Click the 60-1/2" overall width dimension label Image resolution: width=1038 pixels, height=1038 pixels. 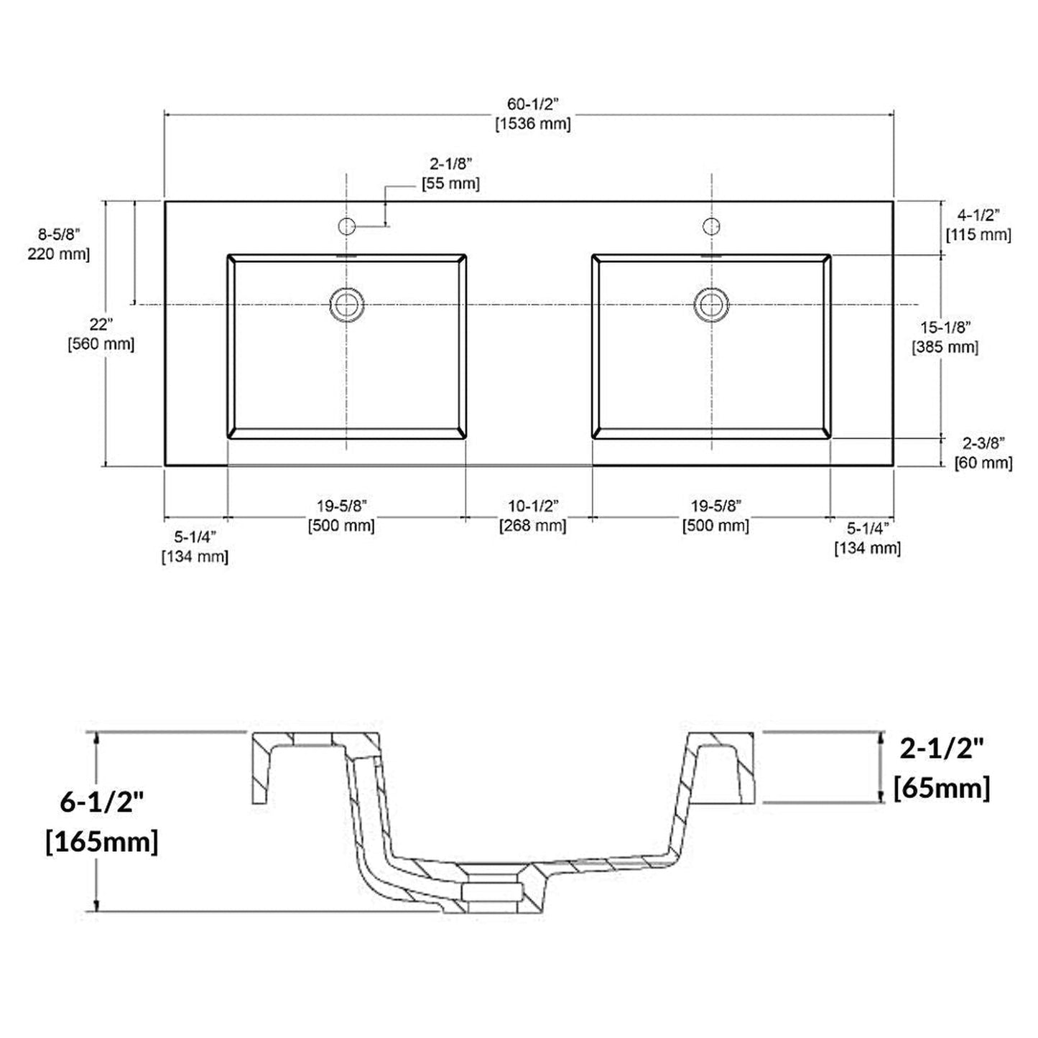click(x=532, y=106)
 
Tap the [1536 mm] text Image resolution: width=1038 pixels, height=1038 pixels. click(x=532, y=124)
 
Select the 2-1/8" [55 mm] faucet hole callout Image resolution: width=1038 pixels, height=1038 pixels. click(x=450, y=175)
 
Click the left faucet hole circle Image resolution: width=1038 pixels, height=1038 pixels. click(x=347, y=226)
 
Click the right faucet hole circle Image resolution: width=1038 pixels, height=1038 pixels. click(x=711, y=226)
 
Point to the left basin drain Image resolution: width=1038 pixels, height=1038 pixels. click(x=347, y=304)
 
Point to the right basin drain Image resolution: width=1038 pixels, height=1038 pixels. click(x=711, y=304)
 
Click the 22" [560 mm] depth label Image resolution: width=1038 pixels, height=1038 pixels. click(x=101, y=334)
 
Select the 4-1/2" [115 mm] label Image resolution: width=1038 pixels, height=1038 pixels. click(x=978, y=225)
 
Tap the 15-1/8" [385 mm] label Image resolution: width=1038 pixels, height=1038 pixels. click(x=945, y=337)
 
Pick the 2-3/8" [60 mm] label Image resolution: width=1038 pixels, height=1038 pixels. click(x=983, y=453)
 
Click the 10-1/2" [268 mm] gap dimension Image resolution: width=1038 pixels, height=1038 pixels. click(x=532, y=516)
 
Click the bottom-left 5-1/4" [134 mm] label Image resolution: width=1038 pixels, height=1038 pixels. click(x=195, y=547)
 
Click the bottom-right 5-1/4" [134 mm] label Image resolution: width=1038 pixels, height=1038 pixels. click(x=867, y=539)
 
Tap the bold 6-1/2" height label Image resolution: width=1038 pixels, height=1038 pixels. click(x=102, y=802)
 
